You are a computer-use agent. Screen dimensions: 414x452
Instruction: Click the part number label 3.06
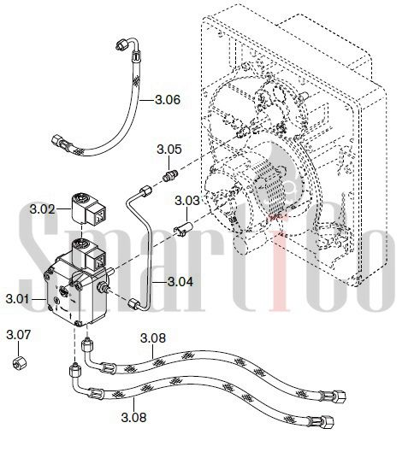click(168, 100)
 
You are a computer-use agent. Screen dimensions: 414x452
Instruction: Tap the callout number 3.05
click(169, 150)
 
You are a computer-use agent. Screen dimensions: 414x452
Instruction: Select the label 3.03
click(187, 201)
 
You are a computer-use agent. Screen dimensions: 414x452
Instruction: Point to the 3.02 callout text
click(42, 209)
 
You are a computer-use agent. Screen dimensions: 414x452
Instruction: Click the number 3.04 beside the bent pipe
click(180, 282)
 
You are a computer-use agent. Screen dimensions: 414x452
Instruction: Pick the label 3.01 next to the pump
click(18, 299)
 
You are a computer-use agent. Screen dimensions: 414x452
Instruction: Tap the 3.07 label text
click(18, 335)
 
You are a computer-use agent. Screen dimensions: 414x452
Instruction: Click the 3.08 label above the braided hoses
click(153, 338)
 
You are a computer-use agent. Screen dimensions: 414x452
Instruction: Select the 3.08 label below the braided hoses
click(133, 417)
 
